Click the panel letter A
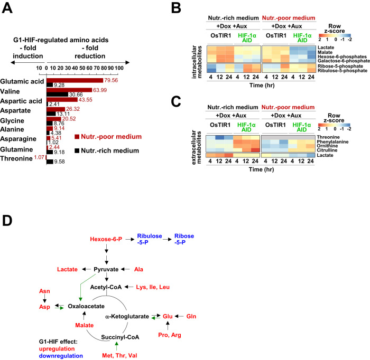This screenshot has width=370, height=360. click(8, 9)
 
